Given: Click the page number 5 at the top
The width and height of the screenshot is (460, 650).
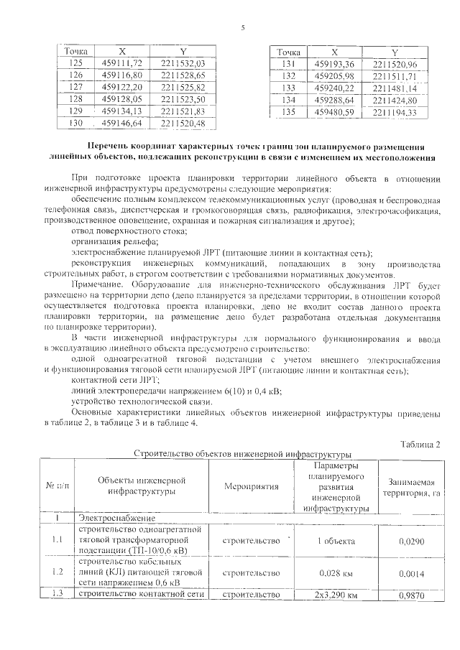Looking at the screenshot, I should point(242,27).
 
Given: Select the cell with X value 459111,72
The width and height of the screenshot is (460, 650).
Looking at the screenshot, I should point(123,63).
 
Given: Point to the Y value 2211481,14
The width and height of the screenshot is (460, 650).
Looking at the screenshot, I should point(395,88).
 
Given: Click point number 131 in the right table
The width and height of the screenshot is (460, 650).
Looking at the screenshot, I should point(289,65).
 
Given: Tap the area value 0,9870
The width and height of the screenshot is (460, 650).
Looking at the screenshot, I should point(411,595).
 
